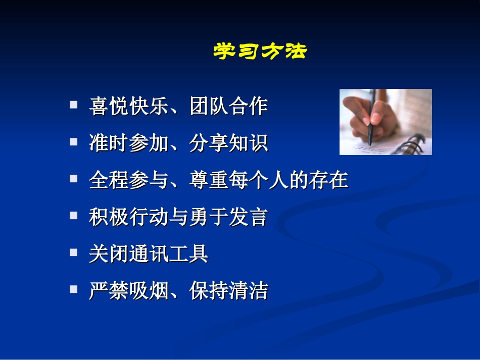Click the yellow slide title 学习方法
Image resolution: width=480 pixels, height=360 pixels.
[260, 52]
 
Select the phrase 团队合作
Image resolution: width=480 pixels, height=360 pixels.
[228, 107]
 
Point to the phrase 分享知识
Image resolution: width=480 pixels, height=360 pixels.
[228, 143]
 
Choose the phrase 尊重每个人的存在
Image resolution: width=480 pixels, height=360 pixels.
[268, 180]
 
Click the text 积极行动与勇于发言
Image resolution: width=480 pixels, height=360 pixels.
[178, 217]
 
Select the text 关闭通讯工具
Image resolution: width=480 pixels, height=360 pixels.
[149, 254]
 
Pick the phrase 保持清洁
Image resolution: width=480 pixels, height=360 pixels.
[228, 291]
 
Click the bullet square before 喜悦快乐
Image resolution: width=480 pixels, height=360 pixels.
[74, 105]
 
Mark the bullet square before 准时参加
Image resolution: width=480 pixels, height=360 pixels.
[74, 142]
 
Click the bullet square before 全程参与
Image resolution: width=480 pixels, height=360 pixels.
[74, 179]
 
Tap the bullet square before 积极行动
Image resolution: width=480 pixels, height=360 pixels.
[74, 216]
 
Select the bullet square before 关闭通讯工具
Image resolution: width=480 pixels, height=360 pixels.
[74, 252]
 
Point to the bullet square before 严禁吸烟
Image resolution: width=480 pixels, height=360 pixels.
[74, 289]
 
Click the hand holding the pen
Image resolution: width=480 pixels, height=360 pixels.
[366, 114]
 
